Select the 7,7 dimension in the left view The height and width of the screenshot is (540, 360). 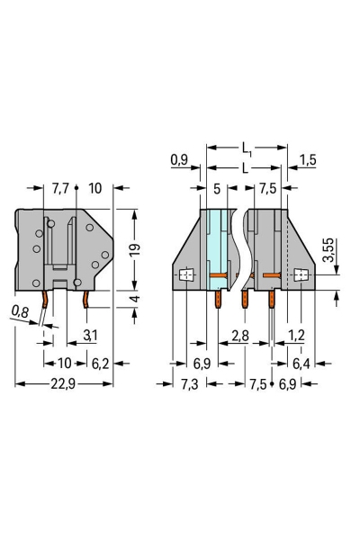tap(60, 190)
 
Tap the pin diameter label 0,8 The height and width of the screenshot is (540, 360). tap(20, 313)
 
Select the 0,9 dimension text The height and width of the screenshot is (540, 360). tap(179, 163)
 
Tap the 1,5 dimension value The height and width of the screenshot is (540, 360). tap(308, 163)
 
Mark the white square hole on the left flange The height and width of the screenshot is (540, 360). tap(186, 276)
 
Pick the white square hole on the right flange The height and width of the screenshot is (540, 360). tap(301, 276)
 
